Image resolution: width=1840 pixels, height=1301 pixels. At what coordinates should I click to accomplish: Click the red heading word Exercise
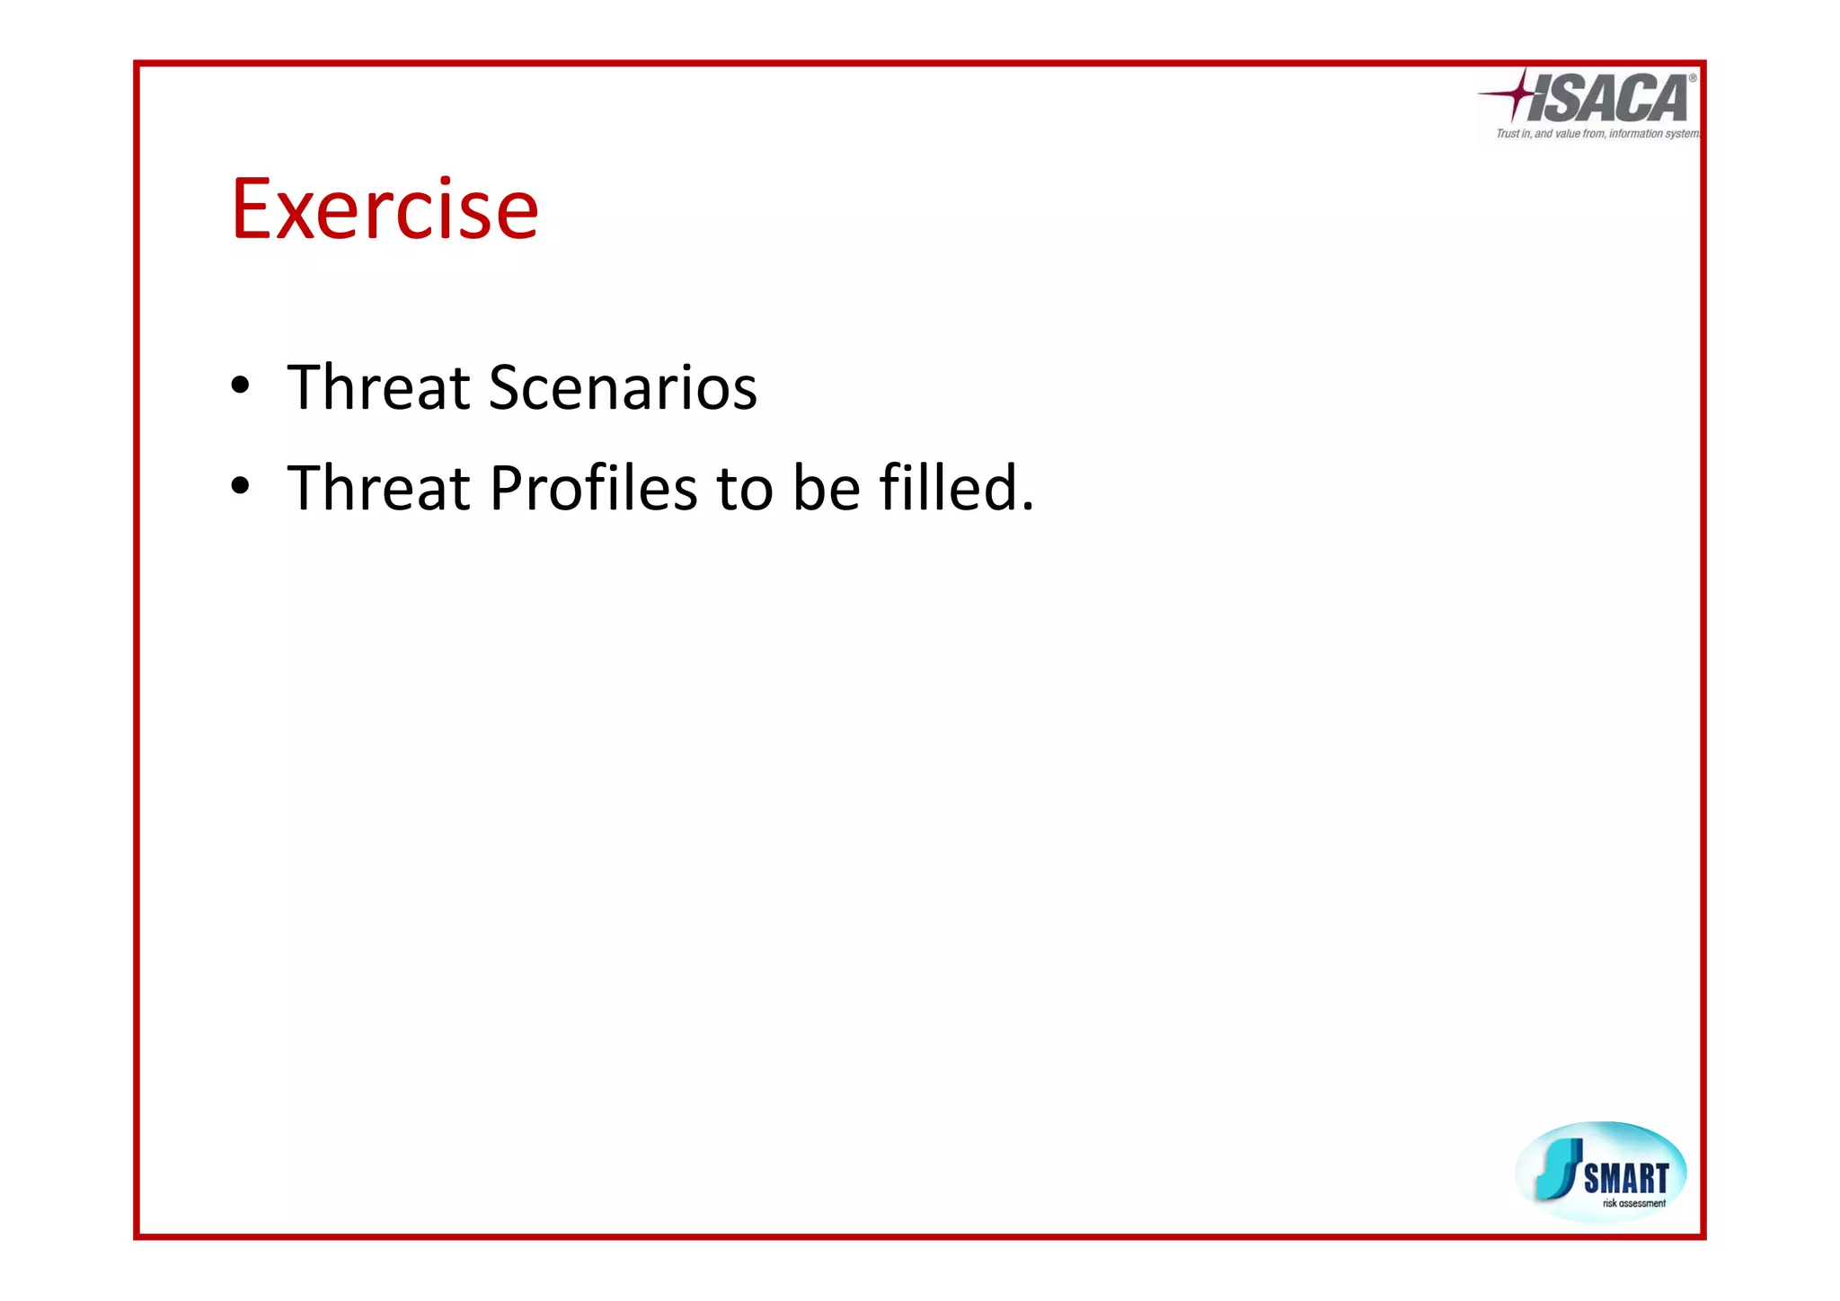pos(385,209)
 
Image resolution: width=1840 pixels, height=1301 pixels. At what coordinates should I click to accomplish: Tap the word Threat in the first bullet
pos(378,388)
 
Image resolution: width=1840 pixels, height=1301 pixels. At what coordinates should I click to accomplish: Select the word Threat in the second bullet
pos(378,489)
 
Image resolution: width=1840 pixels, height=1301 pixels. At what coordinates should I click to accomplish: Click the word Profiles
pos(593,489)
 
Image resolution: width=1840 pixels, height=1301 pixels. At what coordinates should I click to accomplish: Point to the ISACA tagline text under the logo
pos(1597,134)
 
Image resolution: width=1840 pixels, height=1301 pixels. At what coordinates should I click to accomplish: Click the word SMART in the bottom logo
pos(1626,1178)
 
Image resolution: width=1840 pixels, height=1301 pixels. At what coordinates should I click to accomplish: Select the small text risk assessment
pos(1633,1203)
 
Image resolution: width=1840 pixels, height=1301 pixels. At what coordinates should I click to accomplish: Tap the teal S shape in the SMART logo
pos(1559,1169)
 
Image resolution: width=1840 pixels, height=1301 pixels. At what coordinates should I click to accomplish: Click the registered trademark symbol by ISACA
pos(1692,78)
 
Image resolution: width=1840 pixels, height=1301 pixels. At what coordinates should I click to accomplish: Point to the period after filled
pos(1028,508)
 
